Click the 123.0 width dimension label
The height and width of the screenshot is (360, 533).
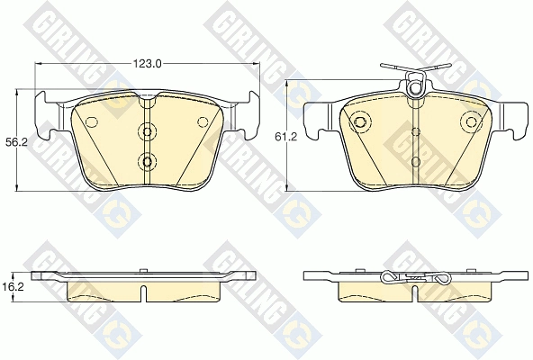[x=147, y=63]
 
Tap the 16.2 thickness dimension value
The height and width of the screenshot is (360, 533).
[x=9, y=287]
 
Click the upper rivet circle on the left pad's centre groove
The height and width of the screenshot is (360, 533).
[x=147, y=131]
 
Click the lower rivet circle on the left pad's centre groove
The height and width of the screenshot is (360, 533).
[x=147, y=161]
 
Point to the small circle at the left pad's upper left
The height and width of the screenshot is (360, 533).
[x=92, y=121]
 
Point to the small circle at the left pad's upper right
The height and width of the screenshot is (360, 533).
[x=203, y=121]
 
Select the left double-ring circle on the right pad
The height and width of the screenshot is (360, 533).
[x=359, y=121]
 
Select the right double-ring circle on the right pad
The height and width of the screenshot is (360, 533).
[x=472, y=121]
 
